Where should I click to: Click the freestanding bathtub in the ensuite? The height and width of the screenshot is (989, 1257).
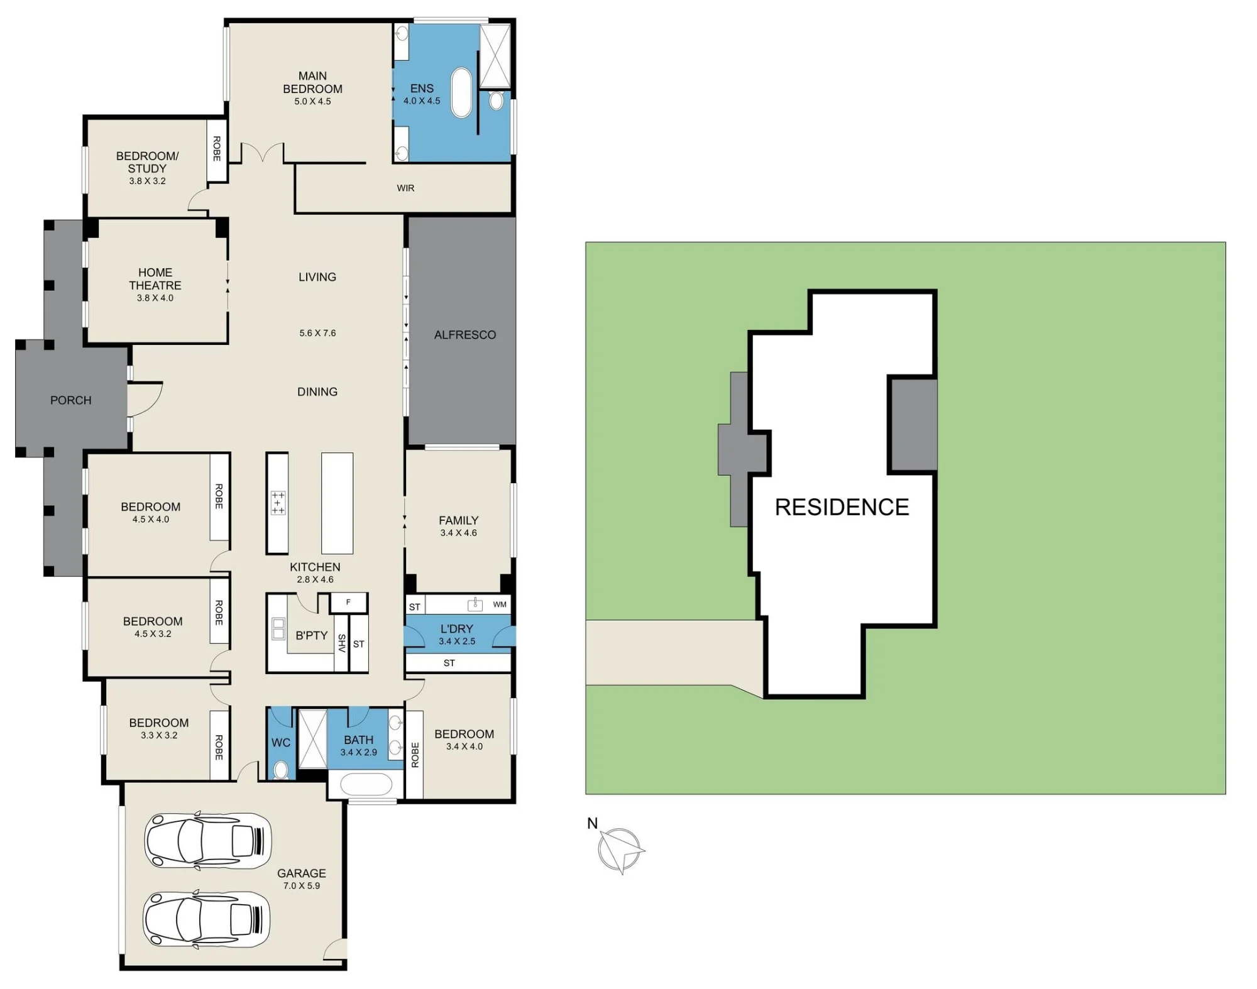(x=462, y=93)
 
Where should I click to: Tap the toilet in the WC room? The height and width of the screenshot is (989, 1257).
(x=281, y=770)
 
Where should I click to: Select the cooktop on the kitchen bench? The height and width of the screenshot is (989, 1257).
(x=278, y=503)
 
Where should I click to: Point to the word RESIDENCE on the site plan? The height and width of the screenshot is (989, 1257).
(x=842, y=507)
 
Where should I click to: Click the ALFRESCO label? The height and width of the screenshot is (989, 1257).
(x=465, y=335)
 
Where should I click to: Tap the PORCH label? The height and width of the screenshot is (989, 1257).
(x=71, y=400)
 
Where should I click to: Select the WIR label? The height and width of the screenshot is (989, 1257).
(x=405, y=188)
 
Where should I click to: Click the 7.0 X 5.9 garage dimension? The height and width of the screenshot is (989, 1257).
(x=302, y=886)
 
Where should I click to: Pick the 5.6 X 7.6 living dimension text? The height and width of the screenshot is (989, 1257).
(x=317, y=333)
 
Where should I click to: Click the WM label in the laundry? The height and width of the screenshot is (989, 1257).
(x=500, y=604)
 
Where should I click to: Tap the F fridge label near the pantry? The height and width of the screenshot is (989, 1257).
(x=348, y=602)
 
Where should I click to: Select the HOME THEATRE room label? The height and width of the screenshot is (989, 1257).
(x=155, y=279)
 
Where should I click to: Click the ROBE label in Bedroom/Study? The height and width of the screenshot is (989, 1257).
(x=217, y=149)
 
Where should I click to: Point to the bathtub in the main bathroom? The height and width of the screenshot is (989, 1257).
(x=365, y=785)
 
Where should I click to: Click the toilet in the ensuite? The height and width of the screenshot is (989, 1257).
(x=496, y=101)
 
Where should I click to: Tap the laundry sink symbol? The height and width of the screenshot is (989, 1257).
(x=475, y=604)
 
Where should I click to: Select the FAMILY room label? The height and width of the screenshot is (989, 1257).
(x=459, y=520)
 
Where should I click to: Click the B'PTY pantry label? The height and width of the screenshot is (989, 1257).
(x=312, y=635)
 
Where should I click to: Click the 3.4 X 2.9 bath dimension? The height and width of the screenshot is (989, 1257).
(x=359, y=752)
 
